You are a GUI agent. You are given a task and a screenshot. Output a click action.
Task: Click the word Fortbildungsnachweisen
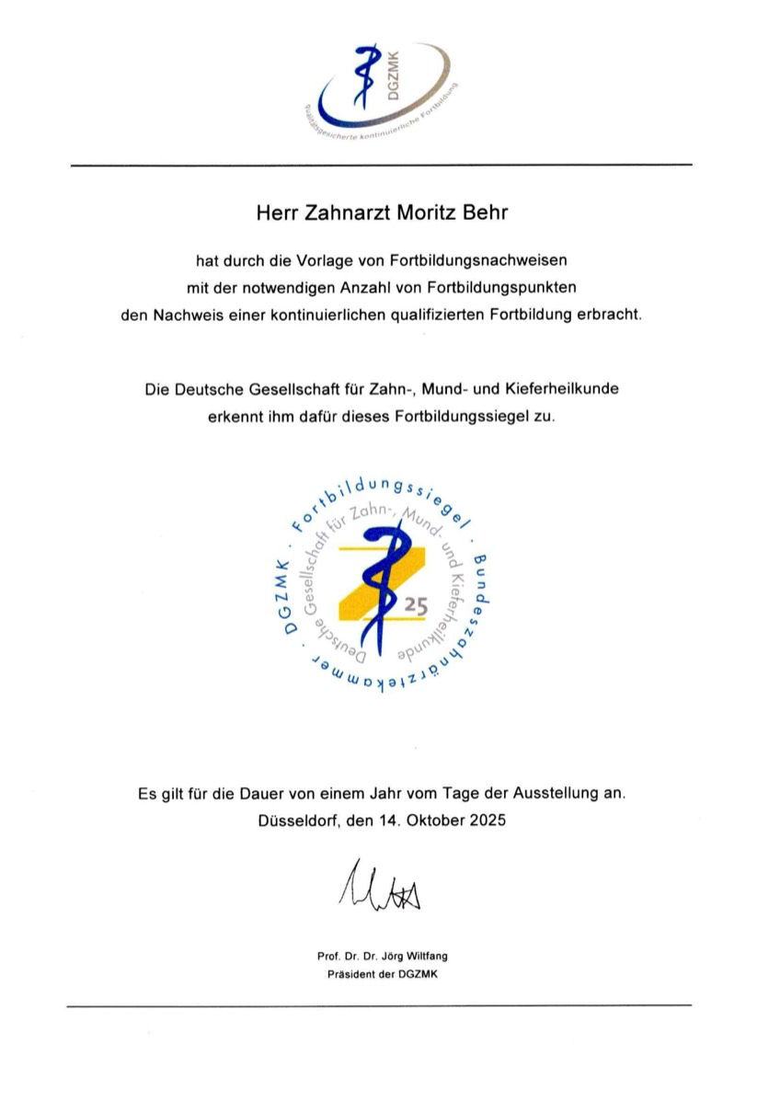point(498,259)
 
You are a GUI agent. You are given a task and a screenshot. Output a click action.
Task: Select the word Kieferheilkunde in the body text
point(561,389)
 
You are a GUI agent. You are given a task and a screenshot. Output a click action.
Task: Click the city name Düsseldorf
point(299,819)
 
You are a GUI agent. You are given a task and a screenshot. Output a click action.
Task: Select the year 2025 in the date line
point(484,819)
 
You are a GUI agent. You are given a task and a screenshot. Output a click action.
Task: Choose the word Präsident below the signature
point(350,973)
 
